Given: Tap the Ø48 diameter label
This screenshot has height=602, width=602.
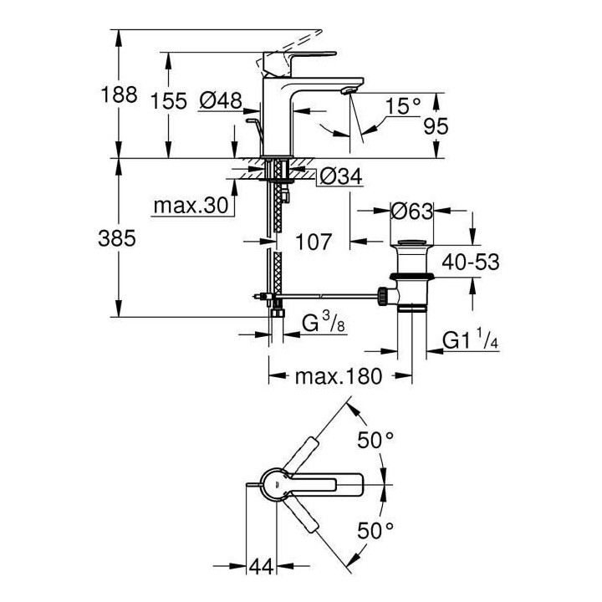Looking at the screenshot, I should tap(221, 101).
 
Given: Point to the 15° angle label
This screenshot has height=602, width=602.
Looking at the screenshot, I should tap(404, 105).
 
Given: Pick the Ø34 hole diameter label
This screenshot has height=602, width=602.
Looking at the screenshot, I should tap(340, 176).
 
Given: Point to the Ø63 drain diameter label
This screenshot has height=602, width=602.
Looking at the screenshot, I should tap(411, 212).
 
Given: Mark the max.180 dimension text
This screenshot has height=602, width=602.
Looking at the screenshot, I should tap(339, 376).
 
